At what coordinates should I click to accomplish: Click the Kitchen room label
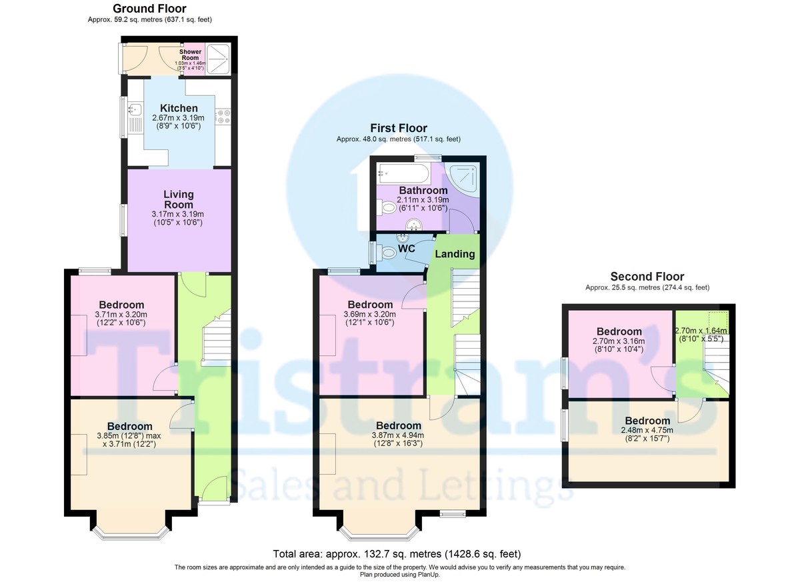point(179,108)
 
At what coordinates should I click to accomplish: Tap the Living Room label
point(179,199)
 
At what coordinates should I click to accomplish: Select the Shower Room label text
point(190,55)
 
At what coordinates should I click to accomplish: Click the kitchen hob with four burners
point(223,117)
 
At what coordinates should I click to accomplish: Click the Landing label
point(455,254)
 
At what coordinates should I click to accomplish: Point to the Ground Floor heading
point(149,9)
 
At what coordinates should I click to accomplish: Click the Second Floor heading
point(647,277)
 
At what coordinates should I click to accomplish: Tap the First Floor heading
point(399,128)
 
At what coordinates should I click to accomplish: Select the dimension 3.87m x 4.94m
point(399,436)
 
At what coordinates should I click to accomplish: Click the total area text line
point(397,554)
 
